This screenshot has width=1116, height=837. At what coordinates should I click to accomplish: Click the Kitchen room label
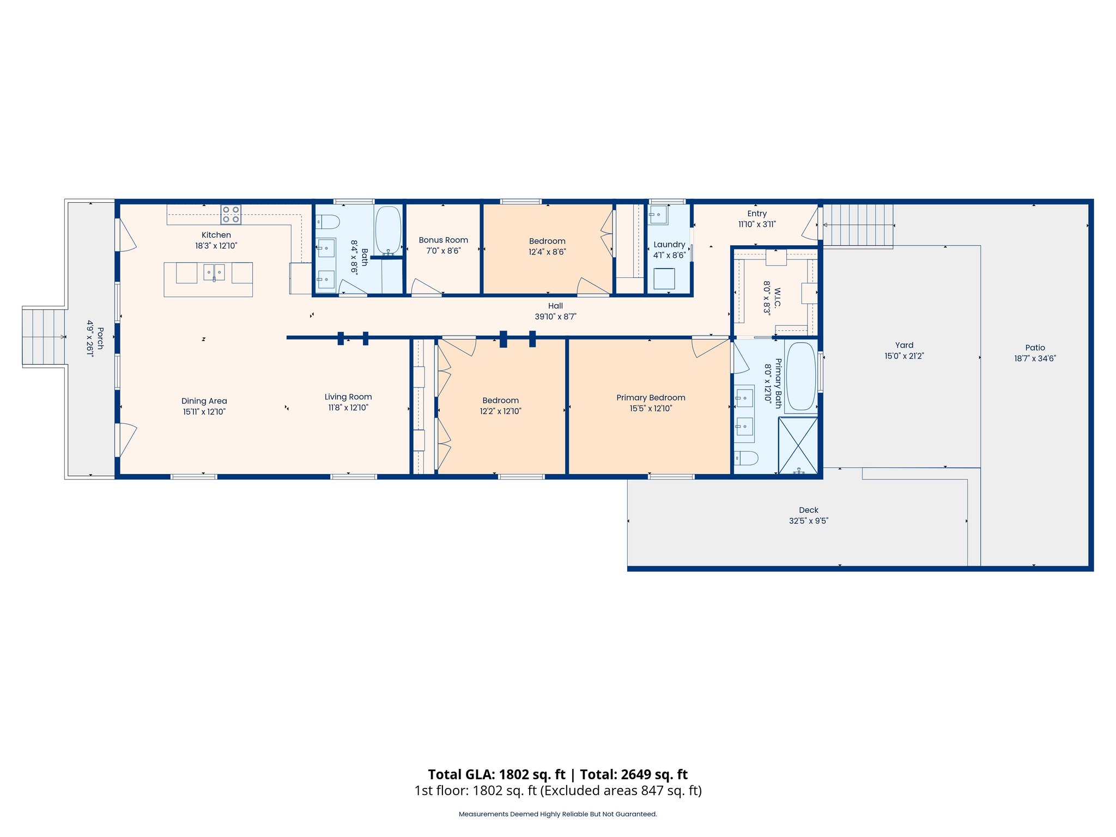tap(216, 235)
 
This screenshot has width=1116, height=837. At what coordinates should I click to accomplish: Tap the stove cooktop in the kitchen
tap(231, 215)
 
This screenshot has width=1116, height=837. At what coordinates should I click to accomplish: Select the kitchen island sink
tap(214, 271)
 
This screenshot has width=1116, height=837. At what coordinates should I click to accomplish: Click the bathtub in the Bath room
tap(388, 229)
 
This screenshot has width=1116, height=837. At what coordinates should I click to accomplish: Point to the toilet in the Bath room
tap(329, 222)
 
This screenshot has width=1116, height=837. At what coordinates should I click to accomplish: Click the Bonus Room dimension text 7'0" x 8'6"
tap(444, 251)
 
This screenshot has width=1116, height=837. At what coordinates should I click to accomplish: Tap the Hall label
tap(555, 306)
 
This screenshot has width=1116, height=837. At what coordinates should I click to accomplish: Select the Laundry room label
tap(669, 245)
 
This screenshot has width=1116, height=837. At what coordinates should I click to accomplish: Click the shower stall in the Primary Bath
tap(798, 445)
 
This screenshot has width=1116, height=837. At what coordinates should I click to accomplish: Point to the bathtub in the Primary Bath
tap(801, 376)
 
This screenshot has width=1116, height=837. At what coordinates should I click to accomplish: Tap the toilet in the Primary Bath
tap(746, 458)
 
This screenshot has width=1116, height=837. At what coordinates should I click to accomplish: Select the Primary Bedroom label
tap(651, 398)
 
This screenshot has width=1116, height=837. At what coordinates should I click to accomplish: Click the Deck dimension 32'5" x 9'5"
tap(809, 521)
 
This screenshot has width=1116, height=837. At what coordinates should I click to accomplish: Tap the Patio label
tap(1035, 348)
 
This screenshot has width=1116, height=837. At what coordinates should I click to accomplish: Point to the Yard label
tap(904, 345)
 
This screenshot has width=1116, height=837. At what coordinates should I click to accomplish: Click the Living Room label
tap(348, 397)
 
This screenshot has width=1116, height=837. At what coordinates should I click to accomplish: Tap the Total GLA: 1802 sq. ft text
tap(496, 774)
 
